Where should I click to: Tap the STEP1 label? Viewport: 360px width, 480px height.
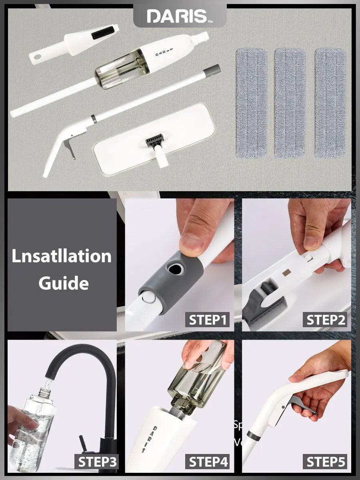(208, 320)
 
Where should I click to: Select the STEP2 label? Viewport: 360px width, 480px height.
(325, 320)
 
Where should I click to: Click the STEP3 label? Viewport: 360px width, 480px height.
(97, 462)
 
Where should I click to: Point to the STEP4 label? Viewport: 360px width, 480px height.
(208, 462)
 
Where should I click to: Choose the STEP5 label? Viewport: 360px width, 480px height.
(325, 462)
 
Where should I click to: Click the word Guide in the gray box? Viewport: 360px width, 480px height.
(63, 283)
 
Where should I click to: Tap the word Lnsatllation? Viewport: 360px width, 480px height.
(62, 256)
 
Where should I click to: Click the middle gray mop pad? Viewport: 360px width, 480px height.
(290, 103)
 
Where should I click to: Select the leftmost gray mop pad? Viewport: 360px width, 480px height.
(251, 103)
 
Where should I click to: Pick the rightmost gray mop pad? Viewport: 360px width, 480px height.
(330, 103)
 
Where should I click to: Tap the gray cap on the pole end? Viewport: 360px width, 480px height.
(214, 70)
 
